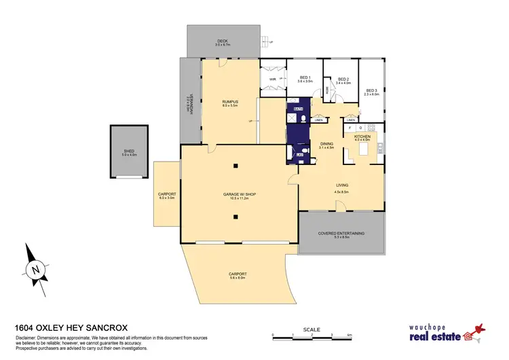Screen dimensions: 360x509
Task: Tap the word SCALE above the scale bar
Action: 312,330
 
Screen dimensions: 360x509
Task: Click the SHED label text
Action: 129,151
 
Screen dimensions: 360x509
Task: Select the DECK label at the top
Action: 222,41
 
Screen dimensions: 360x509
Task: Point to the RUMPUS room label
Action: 228,102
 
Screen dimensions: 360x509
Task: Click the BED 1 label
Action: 305,77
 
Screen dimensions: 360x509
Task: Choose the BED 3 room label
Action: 371,90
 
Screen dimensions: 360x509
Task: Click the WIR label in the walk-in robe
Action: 273,78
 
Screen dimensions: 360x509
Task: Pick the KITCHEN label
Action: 362,137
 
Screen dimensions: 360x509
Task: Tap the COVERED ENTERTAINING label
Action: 341,233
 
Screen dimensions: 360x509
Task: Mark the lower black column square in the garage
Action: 236,217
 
